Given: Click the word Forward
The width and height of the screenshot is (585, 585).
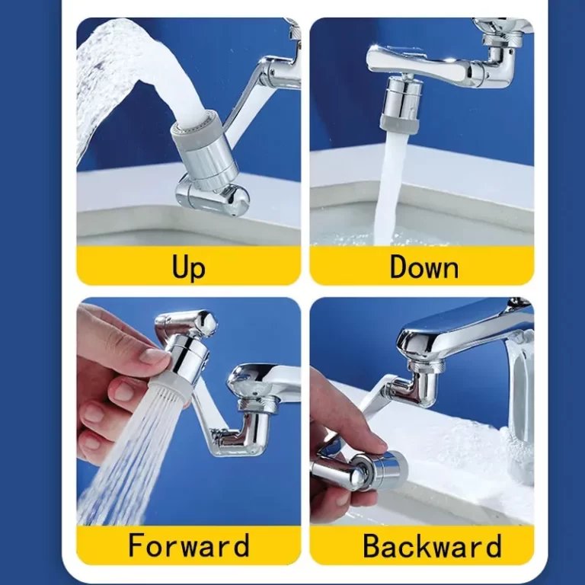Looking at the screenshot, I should pyautogui.click(x=188, y=545).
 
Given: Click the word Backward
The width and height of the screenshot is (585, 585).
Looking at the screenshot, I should pyautogui.click(x=431, y=545).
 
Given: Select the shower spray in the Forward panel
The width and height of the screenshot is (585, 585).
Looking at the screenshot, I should pyautogui.click(x=137, y=457).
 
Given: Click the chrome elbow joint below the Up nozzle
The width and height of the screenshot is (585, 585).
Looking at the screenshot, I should pyautogui.click(x=213, y=197).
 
